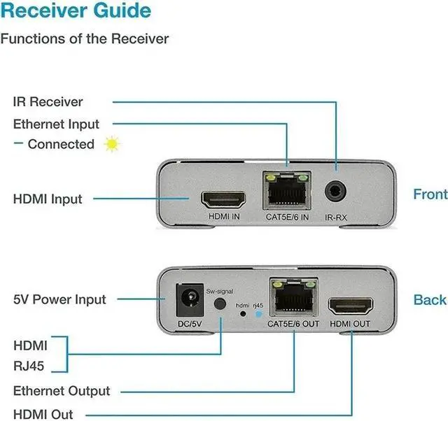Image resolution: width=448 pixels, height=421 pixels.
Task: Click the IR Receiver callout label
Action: (48, 101)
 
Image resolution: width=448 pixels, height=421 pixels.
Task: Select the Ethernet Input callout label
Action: (57, 124)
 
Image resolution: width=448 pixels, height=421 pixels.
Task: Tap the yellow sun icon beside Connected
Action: (111, 144)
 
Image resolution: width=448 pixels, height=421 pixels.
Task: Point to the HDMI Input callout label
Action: (48, 199)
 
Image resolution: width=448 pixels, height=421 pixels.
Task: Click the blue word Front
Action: (430, 194)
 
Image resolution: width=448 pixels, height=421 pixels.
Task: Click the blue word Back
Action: (430, 299)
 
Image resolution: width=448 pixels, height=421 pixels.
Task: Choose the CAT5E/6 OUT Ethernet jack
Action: (293, 299)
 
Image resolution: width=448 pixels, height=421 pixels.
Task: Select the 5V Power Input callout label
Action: (59, 299)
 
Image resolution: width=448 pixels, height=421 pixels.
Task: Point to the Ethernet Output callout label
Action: (62, 391)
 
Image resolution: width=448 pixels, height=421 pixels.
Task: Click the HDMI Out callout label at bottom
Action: (43, 414)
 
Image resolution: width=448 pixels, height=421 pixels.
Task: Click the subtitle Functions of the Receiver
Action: (85, 38)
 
